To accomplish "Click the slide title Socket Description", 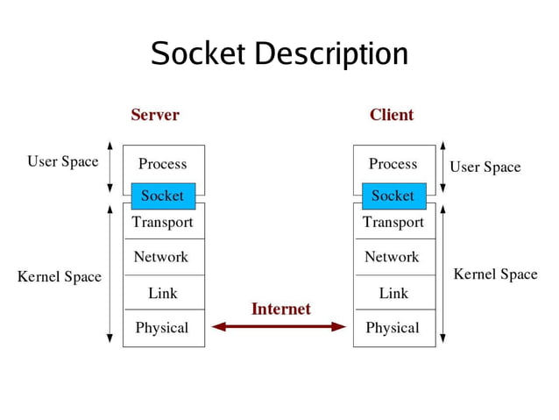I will (279, 54).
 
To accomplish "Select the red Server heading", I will (155, 115).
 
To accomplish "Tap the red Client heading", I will (392, 115).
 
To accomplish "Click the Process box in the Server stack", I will (163, 163).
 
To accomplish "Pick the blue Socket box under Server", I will (163, 196).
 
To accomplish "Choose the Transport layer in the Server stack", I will (163, 223).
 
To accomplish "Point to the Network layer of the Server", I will (161, 257).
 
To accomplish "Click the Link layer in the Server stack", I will (163, 293).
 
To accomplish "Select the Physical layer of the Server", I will (162, 328).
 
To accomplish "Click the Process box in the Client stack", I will (393, 163).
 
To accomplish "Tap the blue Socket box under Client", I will (393, 196).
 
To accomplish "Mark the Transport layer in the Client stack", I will (393, 223).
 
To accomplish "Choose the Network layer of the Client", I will (393, 257).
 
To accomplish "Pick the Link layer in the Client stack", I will (393, 293).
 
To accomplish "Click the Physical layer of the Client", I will (393, 328).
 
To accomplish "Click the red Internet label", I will (281, 309).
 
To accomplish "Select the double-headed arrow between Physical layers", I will (279, 327).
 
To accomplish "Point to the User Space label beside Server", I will (63, 161).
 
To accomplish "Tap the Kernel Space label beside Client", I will (495, 274).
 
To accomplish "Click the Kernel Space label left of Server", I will (60, 277).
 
